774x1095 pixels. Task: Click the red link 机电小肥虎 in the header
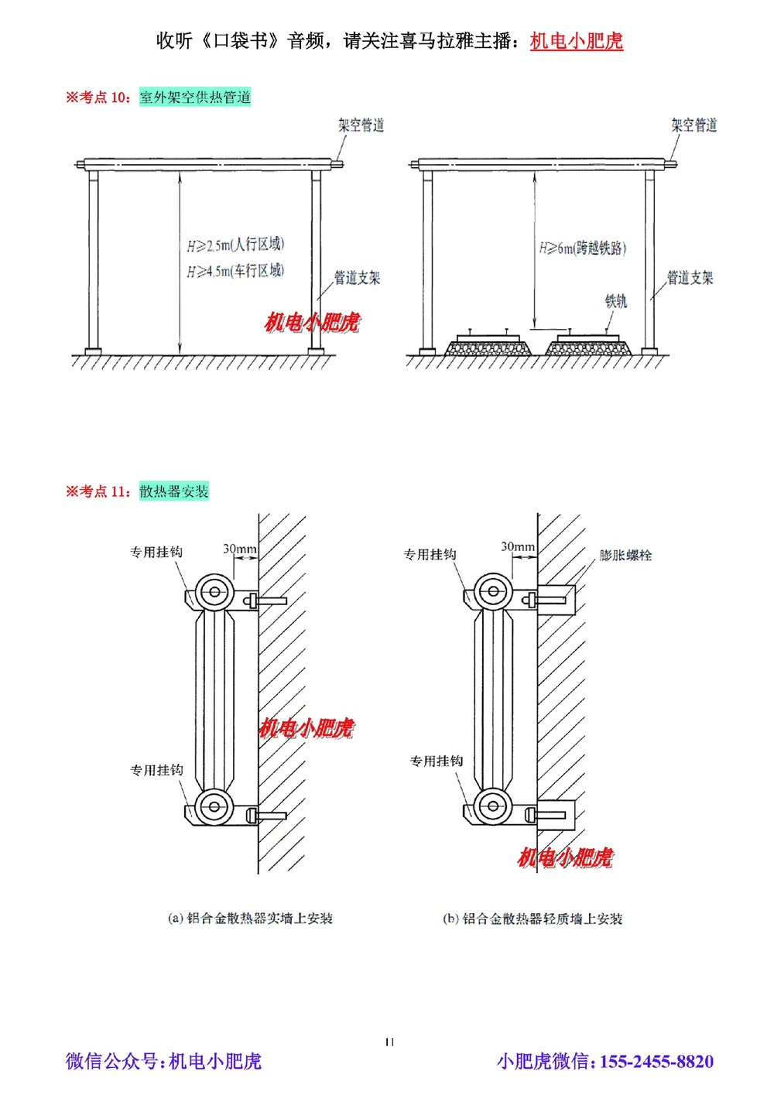tap(576, 41)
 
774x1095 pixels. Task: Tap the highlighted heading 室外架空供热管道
tap(195, 97)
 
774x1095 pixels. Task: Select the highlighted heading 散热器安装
tap(174, 491)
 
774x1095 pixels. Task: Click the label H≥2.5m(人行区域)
tap(235, 245)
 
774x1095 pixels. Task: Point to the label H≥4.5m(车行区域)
tap(235, 271)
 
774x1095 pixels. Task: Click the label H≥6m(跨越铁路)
tap(583, 248)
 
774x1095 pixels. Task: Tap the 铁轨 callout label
tap(616, 300)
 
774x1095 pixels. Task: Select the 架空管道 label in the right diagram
tap(694, 125)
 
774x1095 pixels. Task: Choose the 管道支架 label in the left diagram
tap(357, 277)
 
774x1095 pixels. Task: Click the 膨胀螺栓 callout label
tap(625, 555)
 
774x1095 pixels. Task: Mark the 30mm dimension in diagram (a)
tap(239, 549)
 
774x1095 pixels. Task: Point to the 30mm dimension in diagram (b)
tap(517, 546)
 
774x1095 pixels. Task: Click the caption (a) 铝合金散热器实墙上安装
tap(250, 918)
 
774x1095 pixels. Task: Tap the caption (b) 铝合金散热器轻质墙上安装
tap(533, 919)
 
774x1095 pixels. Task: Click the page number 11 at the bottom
tap(389, 1042)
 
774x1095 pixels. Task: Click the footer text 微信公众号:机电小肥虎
tap(163, 1061)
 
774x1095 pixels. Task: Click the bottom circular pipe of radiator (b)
tap(492, 806)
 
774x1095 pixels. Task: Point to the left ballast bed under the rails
tap(488, 347)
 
